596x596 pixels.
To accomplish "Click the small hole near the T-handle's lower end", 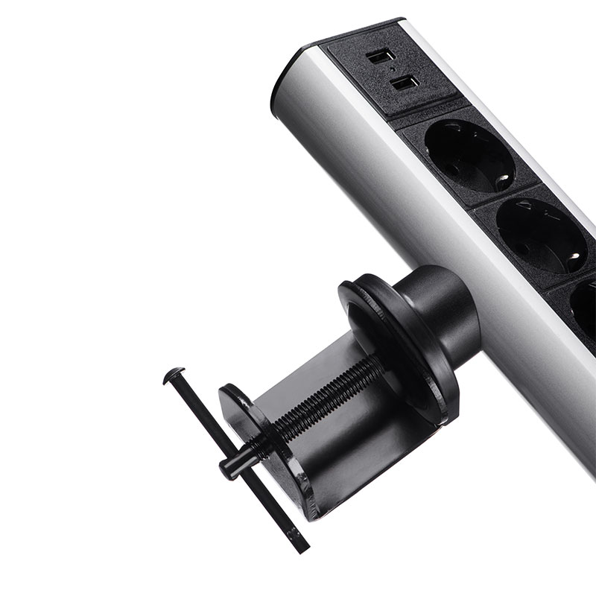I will [x=293, y=534].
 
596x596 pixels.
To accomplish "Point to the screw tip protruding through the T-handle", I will [x=227, y=465].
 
